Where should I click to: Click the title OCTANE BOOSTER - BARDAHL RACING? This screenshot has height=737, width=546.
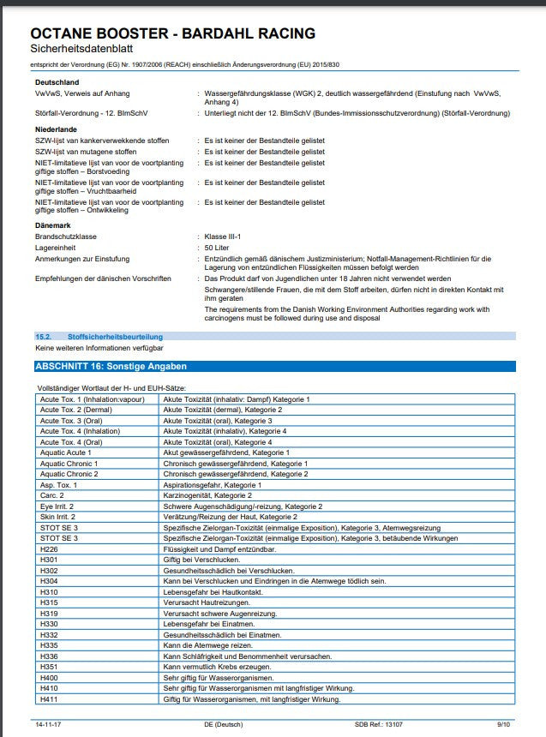tap(172, 33)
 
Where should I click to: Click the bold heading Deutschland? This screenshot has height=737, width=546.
tap(56, 81)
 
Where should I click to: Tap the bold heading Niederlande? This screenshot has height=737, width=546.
tap(57, 129)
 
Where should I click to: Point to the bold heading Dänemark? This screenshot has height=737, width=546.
tap(53, 225)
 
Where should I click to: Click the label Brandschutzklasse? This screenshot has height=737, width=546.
tap(66, 236)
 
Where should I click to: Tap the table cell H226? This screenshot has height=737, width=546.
tap(49, 548)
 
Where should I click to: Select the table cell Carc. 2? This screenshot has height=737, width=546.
tap(52, 495)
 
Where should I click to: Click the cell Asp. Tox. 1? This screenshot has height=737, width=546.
tap(58, 485)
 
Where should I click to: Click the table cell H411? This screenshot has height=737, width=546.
tap(49, 699)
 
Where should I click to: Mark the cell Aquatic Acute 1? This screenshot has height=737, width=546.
tap(66, 452)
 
